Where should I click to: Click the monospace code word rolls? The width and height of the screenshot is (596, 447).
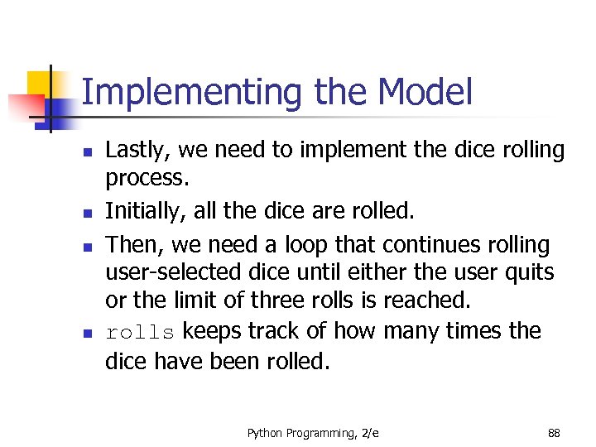(x=140, y=333)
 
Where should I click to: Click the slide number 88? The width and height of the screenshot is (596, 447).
(x=554, y=432)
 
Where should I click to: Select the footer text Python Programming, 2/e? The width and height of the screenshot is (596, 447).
(x=313, y=432)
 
